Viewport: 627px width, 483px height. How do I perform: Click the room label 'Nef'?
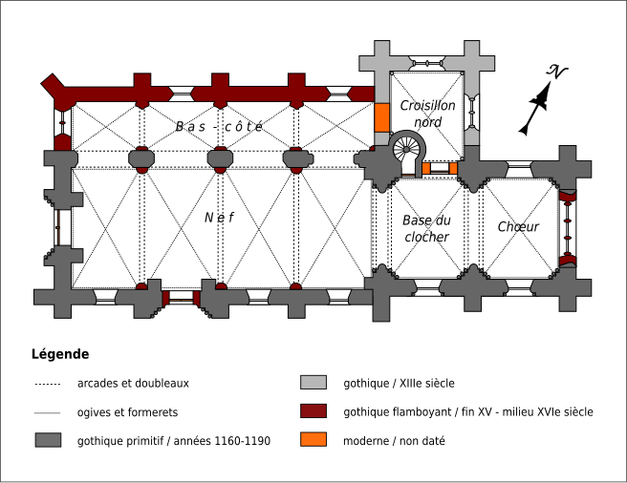[219, 218]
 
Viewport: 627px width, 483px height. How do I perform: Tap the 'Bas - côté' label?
[219, 126]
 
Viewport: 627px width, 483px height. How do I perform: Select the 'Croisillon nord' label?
[427, 114]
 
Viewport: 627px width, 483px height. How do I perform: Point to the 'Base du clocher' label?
[425, 228]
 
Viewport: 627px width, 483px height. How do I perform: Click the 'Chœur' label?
[518, 227]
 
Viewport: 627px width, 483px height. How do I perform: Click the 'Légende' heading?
[60, 354]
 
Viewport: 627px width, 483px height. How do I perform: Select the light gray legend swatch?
[313, 384]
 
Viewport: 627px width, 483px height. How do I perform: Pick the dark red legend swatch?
[313, 412]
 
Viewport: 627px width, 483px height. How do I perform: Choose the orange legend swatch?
[313, 441]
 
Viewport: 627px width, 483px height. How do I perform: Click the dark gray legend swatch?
[48, 441]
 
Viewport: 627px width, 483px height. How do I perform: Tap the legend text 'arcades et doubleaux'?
[133, 384]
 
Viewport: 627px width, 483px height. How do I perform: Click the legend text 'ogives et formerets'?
[127, 412]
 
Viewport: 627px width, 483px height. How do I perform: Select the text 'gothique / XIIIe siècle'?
[399, 384]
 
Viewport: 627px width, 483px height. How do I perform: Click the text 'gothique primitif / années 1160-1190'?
[174, 441]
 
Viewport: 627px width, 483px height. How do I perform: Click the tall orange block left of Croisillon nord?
[382, 116]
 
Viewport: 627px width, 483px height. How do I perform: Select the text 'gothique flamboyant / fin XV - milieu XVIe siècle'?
[468, 412]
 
